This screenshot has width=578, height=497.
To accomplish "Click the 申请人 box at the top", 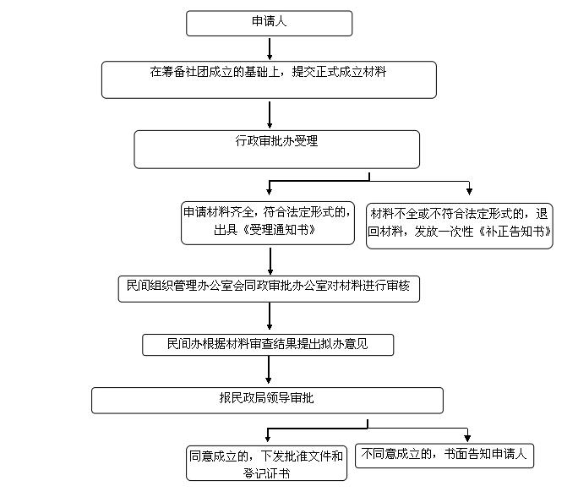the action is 269,23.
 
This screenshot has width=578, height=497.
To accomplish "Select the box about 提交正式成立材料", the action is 269,80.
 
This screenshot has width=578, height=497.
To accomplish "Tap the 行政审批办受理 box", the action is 276,150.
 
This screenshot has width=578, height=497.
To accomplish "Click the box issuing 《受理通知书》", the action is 268,223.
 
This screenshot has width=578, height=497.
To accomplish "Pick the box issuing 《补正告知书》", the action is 460,226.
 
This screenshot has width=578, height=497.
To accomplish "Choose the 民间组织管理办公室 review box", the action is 269,289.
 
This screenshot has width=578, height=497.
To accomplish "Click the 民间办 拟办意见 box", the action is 268,345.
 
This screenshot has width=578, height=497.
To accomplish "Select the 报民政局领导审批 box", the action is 267,401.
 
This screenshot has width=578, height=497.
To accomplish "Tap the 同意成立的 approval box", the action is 266,463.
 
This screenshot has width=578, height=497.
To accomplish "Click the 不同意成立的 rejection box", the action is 444,456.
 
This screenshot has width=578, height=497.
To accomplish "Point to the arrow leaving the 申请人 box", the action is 270,49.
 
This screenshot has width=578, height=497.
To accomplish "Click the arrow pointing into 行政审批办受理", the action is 270,115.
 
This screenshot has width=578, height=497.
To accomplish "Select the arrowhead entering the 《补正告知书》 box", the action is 469,191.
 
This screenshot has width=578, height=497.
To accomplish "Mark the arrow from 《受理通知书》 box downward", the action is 270,261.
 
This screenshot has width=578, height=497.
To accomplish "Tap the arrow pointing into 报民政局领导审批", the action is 269,370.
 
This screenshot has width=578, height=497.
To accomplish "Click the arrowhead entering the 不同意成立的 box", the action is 467,438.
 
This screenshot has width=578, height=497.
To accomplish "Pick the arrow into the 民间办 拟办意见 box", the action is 270,316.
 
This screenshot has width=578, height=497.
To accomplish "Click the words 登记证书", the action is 266,473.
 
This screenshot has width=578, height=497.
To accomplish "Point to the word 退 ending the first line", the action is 542,214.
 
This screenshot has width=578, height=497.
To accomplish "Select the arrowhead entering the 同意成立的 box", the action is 268,439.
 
